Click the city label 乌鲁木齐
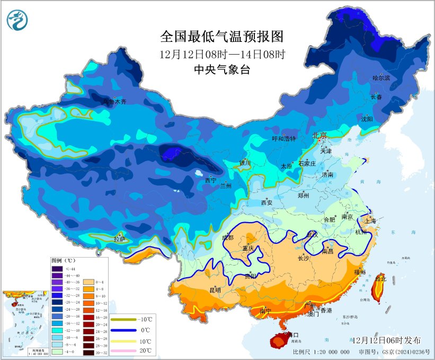114,101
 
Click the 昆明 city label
215,289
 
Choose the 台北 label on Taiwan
380,277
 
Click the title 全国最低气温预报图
222,37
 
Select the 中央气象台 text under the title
222,70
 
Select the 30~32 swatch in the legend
88,352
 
